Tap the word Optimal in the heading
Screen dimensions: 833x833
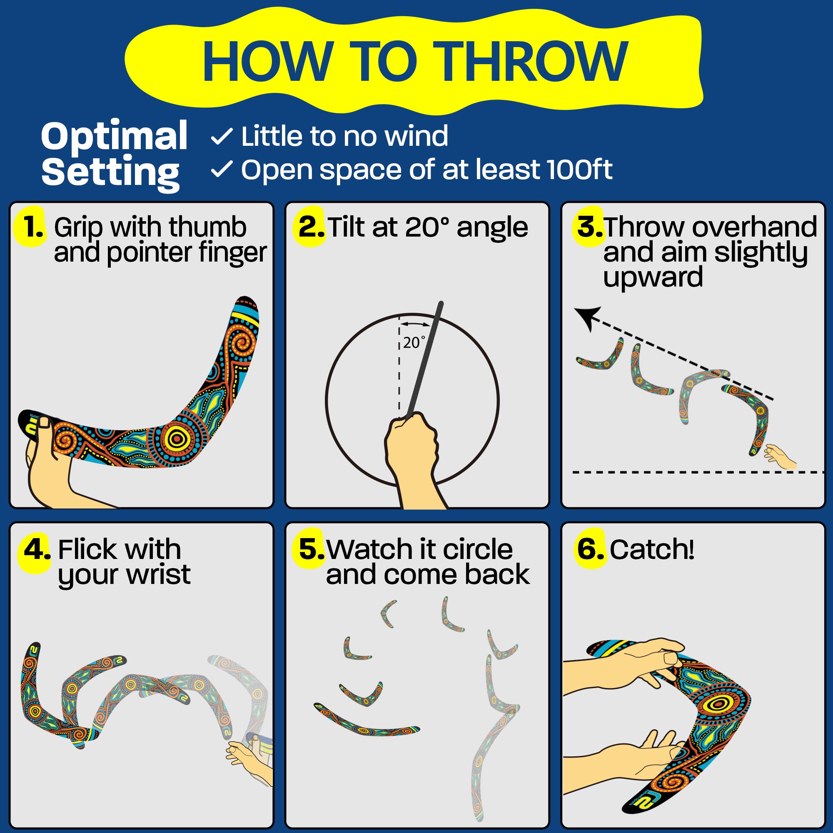[114, 136]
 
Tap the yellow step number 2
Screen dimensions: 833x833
[310, 227]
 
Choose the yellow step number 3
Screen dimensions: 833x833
[589, 227]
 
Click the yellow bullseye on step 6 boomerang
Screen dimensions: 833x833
[718, 704]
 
